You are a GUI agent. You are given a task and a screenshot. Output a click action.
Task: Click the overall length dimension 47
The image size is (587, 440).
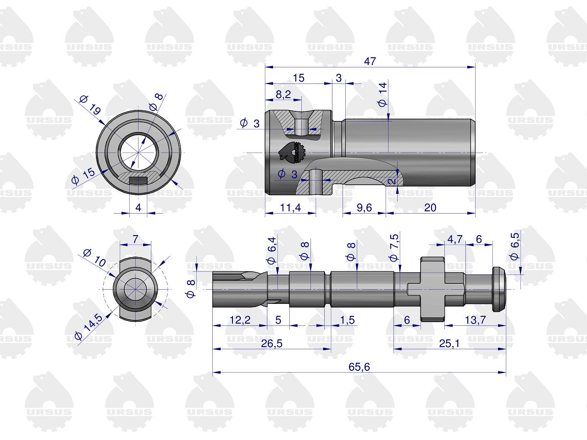(x=370, y=61)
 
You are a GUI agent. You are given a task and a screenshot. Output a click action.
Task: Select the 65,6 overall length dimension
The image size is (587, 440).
(x=359, y=367)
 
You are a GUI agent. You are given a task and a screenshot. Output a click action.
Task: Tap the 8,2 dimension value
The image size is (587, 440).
(x=283, y=94)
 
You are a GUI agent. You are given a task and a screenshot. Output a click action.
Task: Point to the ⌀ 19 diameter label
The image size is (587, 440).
(x=90, y=105)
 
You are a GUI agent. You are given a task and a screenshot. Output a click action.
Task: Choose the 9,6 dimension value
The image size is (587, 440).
(x=364, y=208)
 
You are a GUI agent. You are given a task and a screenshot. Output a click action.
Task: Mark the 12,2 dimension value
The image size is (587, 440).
(x=239, y=320)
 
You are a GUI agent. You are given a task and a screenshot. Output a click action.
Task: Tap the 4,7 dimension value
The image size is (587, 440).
(x=454, y=239)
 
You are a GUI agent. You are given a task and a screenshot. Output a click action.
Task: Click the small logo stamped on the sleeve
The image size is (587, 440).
(x=292, y=153)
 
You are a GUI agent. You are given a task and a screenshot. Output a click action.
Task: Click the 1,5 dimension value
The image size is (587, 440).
(x=348, y=320)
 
